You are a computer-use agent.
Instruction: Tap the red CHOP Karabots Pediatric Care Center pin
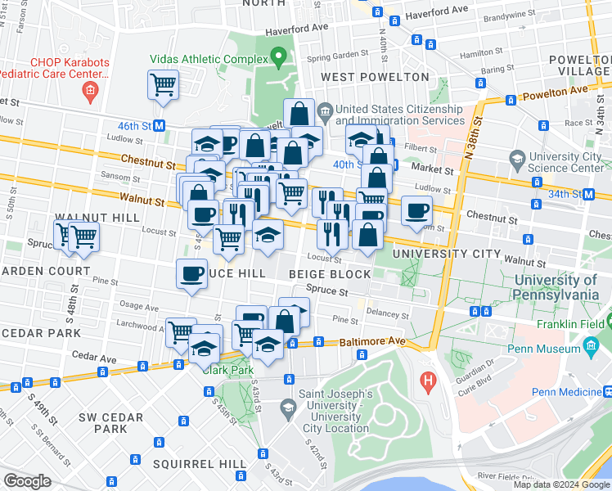click(89, 88)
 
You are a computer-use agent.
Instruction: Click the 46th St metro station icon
click(160, 126)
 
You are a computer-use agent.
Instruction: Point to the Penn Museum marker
click(592, 349)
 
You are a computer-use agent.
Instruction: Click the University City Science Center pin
click(516, 157)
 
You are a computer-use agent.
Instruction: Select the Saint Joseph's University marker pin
click(287, 407)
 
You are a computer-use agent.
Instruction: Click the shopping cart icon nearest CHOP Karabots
click(164, 84)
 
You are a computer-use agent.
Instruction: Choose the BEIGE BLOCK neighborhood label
click(329, 273)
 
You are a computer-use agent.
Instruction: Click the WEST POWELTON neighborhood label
click(375, 77)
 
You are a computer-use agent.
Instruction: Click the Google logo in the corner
click(27, 481)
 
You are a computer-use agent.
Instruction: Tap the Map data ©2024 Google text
click(560, 484)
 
